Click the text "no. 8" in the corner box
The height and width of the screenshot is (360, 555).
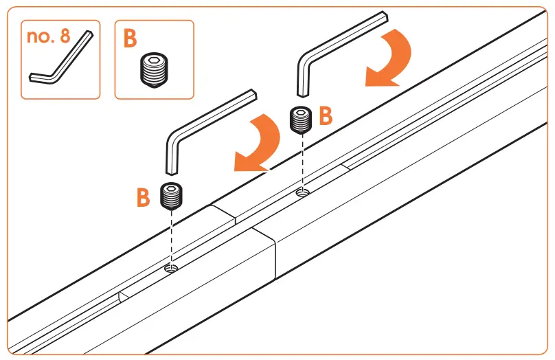pyautogui.click(x=50, y=36)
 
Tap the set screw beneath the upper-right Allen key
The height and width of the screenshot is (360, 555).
pyautogui.click(x=301, y=120)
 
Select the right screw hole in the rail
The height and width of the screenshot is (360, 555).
pyautogui.click(x=301, y=193)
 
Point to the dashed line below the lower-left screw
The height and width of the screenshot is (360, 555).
pyautogui.click(x=170, y=237)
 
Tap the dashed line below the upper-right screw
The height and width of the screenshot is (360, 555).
pyautogui.click(x=301, y=161)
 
